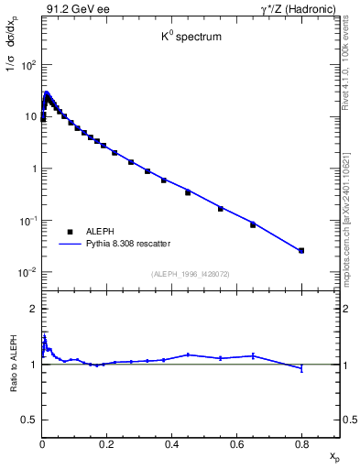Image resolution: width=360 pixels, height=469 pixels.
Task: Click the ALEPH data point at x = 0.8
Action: pos(301,250)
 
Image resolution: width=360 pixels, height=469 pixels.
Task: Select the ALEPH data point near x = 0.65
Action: pos(253,224)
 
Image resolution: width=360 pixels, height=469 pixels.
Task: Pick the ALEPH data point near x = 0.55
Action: pos(220,209)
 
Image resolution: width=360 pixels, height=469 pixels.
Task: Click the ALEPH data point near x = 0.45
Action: pos(188,192)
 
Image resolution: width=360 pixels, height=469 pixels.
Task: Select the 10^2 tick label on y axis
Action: pos(27,65)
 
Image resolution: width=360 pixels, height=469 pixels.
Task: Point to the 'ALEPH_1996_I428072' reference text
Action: pos(190,274)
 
